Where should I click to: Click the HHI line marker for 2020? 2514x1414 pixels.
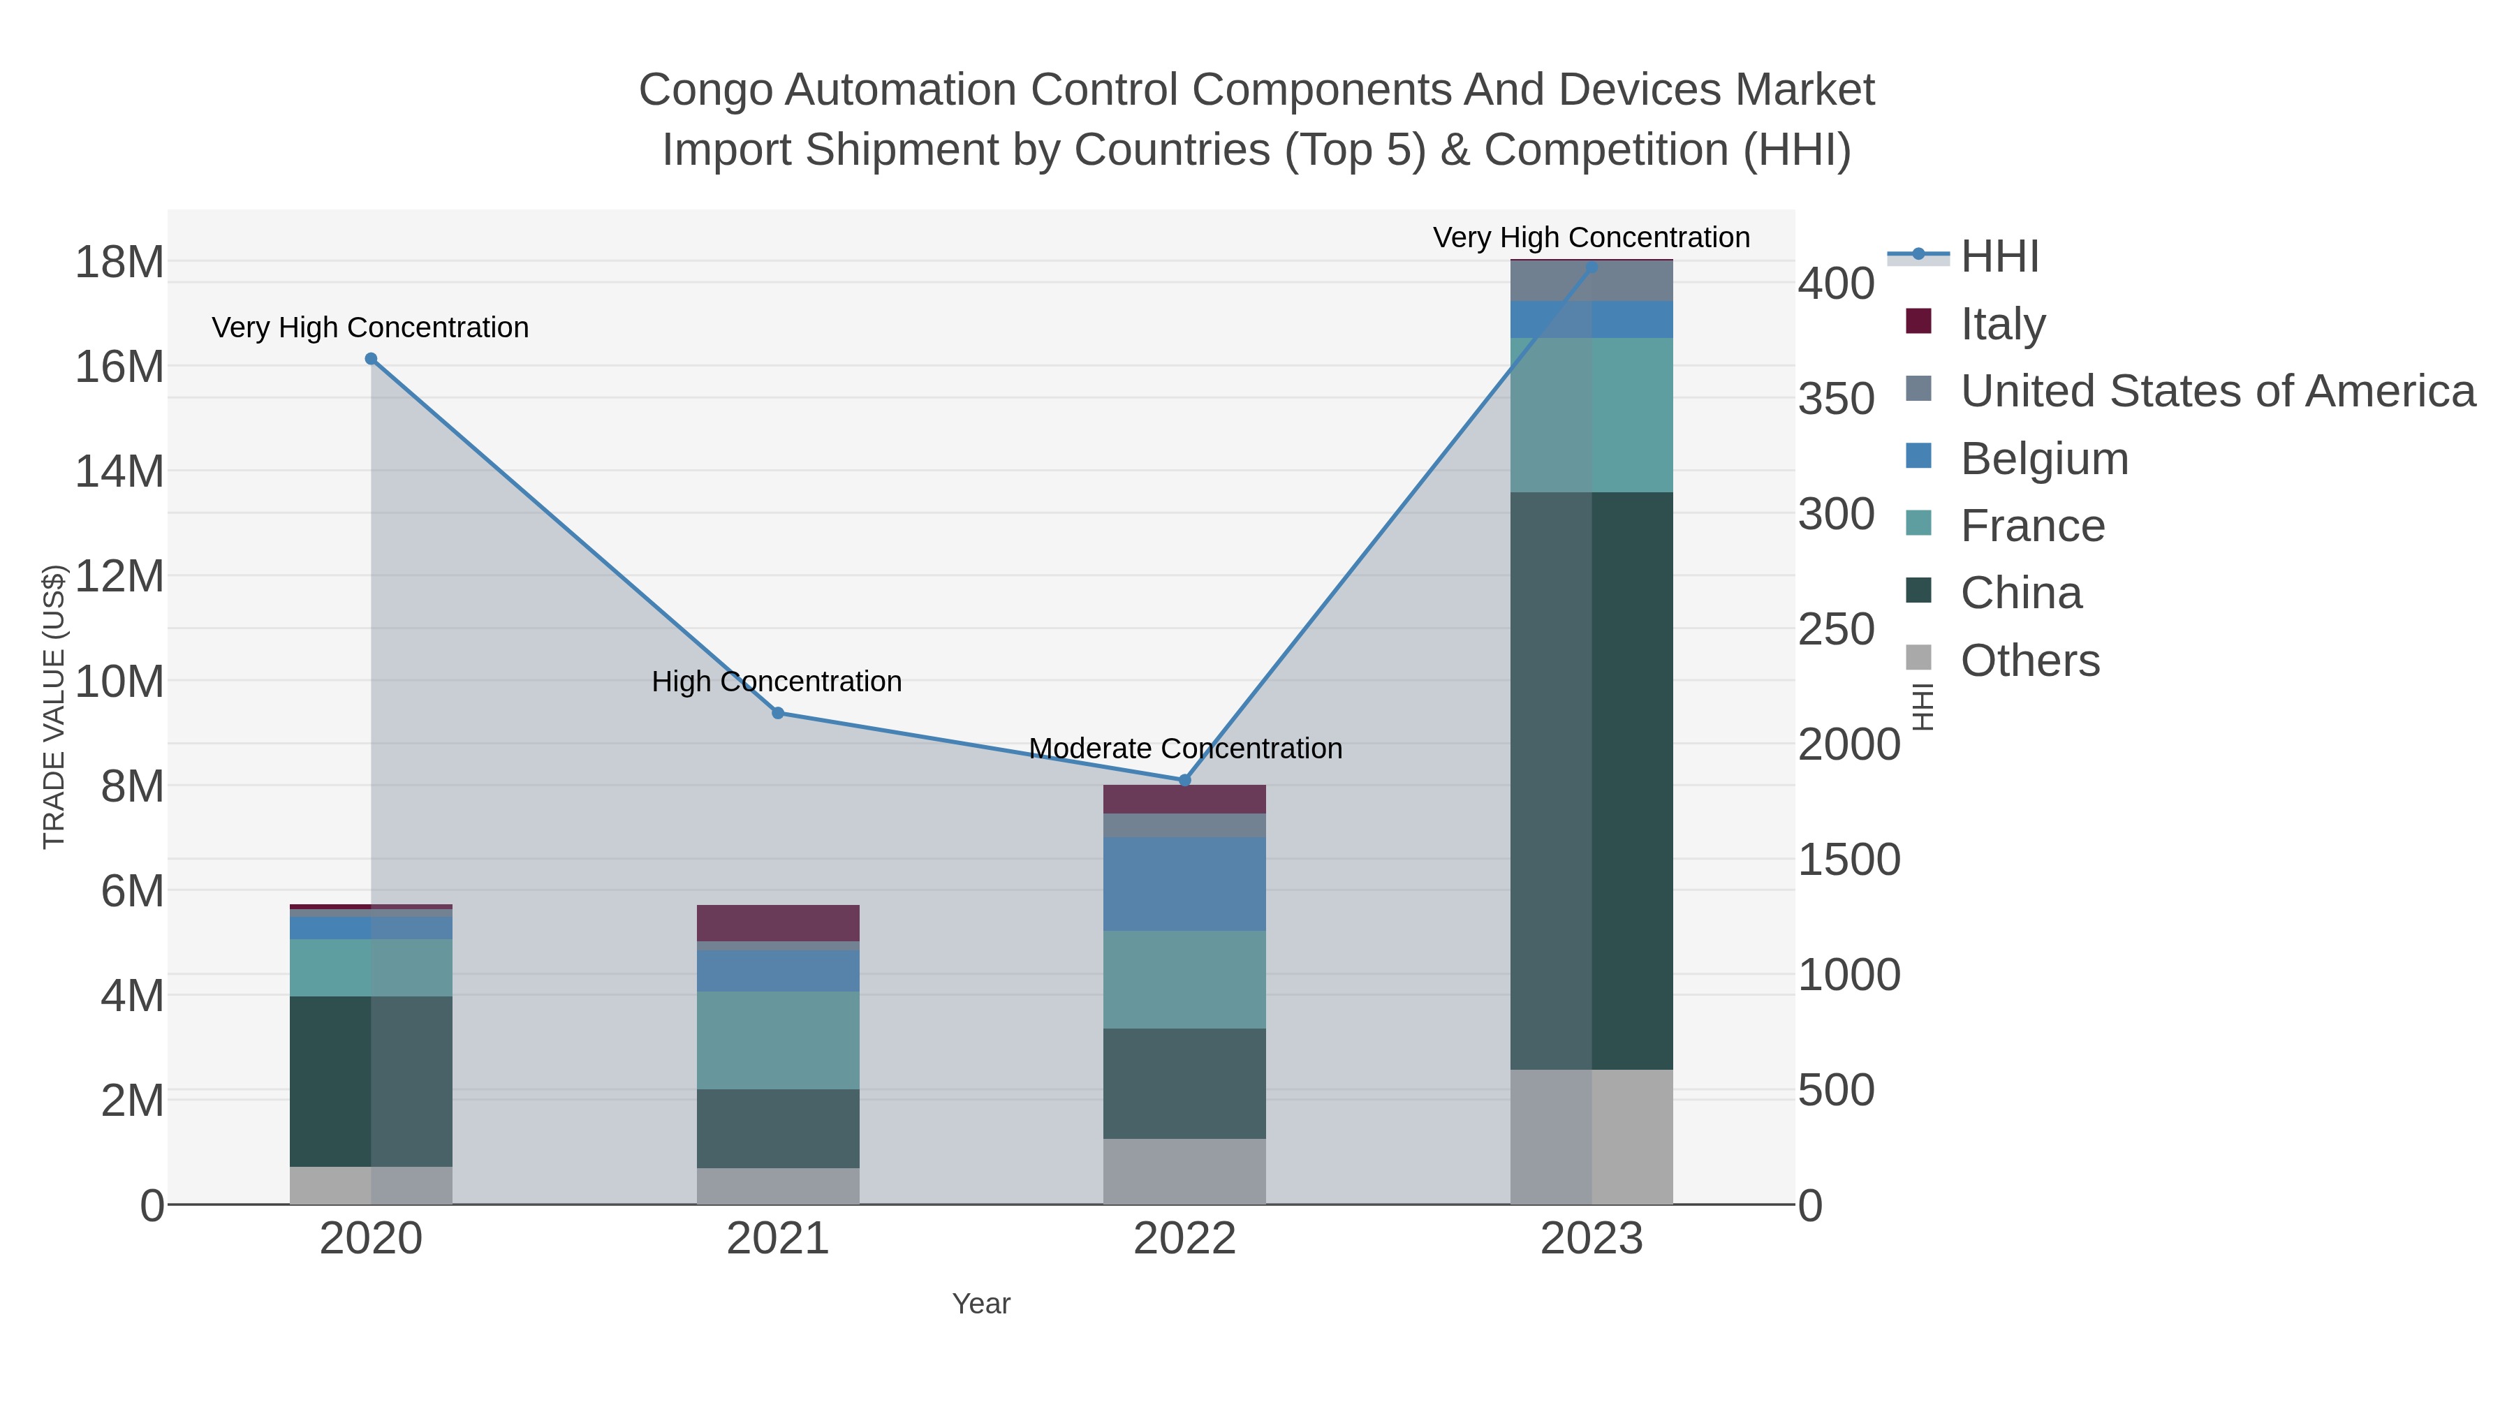tap(371, 359)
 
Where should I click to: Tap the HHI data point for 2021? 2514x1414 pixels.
tap(778, 714)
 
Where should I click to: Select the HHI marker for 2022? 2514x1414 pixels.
tap(1185, 781)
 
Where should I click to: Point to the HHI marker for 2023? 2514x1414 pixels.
tap(1592, 267)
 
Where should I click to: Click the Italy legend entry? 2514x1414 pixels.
tap(2003, 324)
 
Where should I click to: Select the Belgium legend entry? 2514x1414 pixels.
tap(2043, 459)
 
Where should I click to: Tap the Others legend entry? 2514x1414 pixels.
tap(2029, 661)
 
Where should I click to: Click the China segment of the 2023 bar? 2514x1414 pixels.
tap(1592, 781)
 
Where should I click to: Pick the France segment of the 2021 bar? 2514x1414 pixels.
tap(778, 1040)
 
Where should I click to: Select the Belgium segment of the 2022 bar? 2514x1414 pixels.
tap(1185, 884)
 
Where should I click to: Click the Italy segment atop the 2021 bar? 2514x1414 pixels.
tap(778, 923)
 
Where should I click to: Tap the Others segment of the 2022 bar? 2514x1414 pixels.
tap(1185, 1171)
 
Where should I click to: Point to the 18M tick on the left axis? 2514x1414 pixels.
tap(119, 263)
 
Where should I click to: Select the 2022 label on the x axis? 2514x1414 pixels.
tap(1185, 1239)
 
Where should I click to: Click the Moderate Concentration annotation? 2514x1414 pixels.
tap(1185, 749)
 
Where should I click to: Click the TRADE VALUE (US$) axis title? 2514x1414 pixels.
tap(54, 707)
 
